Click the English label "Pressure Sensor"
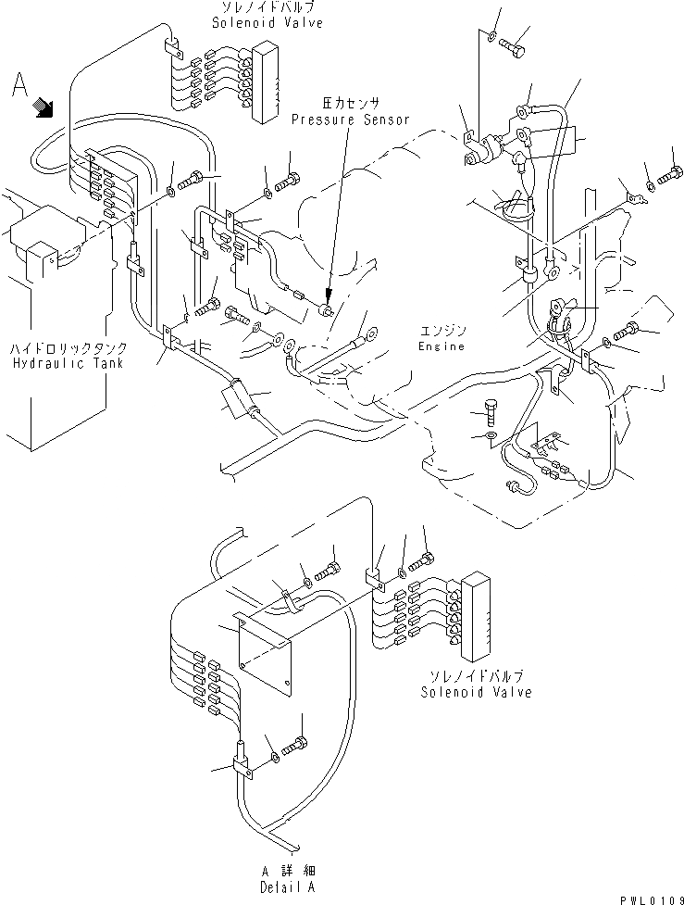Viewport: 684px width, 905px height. click(350, 119)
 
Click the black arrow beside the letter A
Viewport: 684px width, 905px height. click(43, 108)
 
